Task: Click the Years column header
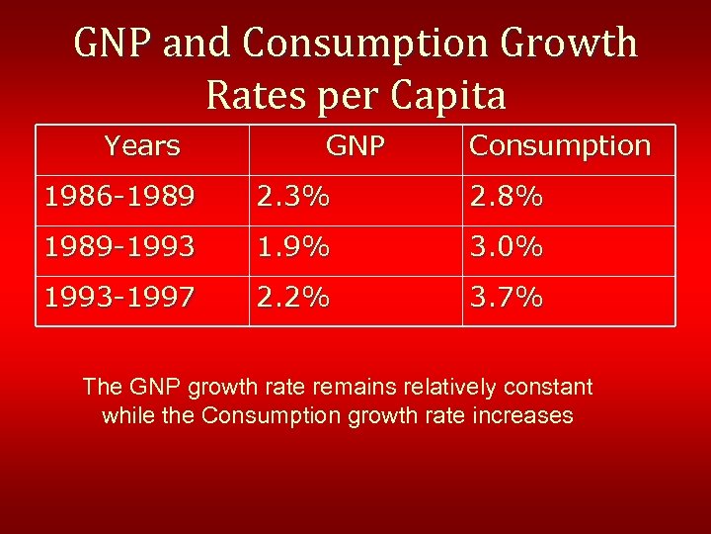coord(142,146)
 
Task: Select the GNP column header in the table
coord(355,146)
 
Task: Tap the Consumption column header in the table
coord(560,146)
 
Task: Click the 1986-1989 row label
coord(118,198)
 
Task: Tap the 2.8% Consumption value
coord(507,198)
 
